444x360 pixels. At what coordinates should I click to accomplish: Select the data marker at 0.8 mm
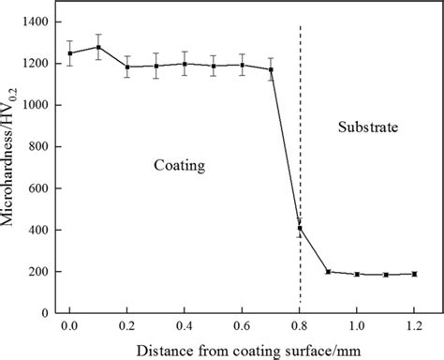point(300,228)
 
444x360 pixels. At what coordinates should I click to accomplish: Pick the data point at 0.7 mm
point(271,69)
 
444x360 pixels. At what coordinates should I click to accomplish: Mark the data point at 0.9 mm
point(328,272)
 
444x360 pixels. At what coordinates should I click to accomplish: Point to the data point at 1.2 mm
point(414,274)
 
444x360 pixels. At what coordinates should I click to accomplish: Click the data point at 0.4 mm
point(185,64)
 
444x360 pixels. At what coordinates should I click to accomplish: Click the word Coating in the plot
point(179,165)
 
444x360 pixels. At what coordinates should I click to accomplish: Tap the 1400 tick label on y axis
point(35,21)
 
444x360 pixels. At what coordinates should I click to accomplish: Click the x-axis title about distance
point(241,350)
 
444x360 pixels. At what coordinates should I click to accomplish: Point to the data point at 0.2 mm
point(126,67)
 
